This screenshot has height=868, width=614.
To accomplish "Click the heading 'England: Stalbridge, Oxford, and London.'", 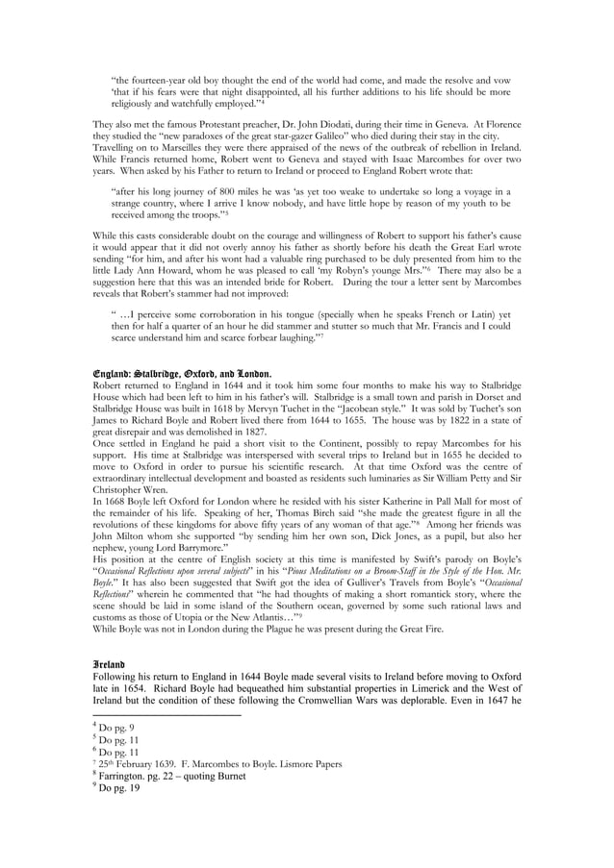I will tap(181, 373).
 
